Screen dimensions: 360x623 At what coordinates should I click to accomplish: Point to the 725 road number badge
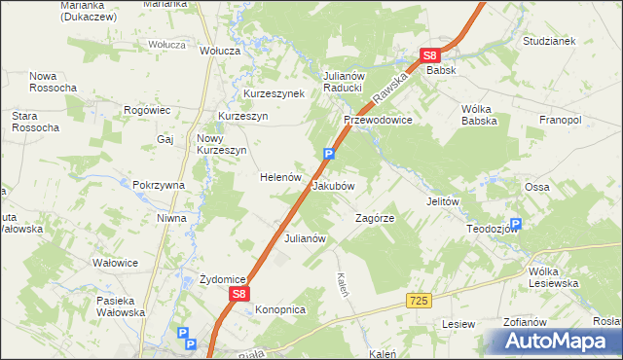click(x=420, y=304)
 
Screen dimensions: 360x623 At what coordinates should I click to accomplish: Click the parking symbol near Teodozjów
click(x=515, y=224)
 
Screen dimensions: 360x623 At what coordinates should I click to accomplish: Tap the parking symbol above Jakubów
click(x=329, y=153)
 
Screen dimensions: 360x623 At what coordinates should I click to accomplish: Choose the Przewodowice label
click(x=378, y=120)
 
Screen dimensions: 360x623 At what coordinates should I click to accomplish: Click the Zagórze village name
click(x=375, y=219)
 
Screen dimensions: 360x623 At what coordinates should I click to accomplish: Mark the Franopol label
click(x=560, y=120)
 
